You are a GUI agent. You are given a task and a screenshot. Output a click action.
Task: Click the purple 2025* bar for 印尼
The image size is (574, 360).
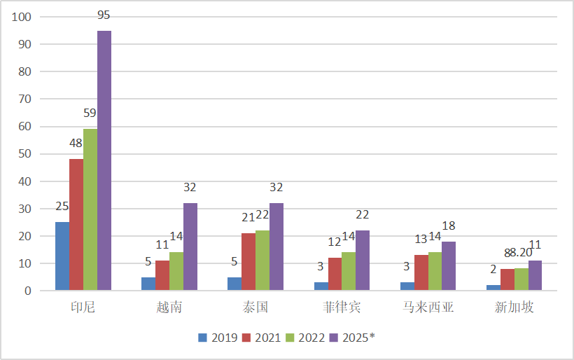pyautogui.click(x=104, y=160)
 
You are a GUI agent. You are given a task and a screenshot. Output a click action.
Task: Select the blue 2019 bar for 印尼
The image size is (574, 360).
pyautogui.click(x=62, y=256)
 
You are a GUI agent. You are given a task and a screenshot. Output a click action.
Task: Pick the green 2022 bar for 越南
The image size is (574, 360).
pyautogui.click(x=176, y=271)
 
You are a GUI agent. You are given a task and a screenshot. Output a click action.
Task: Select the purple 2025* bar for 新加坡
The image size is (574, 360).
pyautogui.click(x=535, y=275)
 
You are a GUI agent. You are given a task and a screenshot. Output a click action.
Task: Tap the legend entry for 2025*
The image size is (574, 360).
pyautogui.click(x=353, y=338)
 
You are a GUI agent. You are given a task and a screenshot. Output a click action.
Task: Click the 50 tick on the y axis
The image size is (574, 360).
pyautogui.click(x=26, y=153)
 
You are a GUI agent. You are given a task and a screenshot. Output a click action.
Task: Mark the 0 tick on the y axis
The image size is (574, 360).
pyautogui.click(x=29, y=291)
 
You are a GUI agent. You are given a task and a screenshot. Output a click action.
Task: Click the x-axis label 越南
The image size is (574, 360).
pyautogui.click(x=169, y=308)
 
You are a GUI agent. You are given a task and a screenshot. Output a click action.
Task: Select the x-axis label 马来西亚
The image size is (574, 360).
pyautogui.click(x=427, y=308)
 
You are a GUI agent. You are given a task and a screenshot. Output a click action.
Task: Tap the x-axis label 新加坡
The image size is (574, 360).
pyautogui.click(x=513, y=308)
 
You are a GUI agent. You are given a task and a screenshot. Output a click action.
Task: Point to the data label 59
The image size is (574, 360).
pyautogui.click(x=90, y=113)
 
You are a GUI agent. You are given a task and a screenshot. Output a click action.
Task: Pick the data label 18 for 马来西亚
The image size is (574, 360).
pyautogui.click(x=448, y=226)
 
